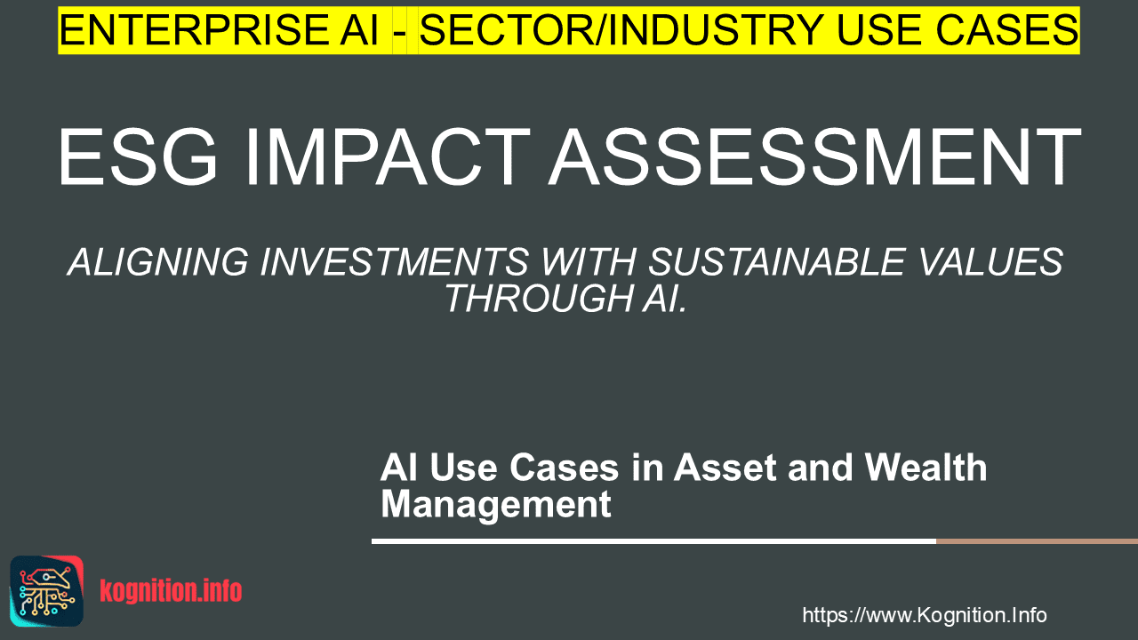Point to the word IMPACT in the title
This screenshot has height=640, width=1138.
coord(387,157)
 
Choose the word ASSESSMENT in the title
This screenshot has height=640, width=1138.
coord(815,157)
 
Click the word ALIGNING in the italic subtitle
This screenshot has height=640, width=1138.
coord(158,262)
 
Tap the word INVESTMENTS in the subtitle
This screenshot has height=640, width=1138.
coord(394,262)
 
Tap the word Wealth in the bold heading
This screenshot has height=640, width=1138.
coord(926,468)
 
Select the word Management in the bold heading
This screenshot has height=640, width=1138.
coord(496,504)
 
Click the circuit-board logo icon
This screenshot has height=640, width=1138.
coord(47,591)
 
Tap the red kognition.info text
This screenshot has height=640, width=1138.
coord(171,591)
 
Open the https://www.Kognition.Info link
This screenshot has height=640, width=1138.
coord(925,615)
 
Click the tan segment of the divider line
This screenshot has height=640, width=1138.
coord(1037,541)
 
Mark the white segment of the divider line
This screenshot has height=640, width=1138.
coord(653,541)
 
